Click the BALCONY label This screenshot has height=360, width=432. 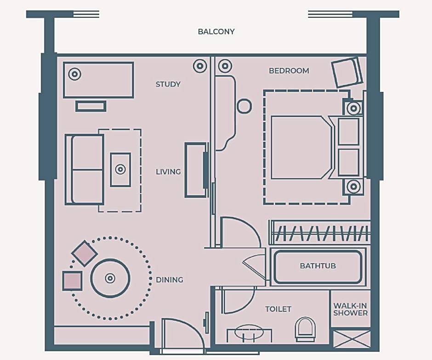click(216, 31)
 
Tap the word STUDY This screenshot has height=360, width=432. click(168, 84)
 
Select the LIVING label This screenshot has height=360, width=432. click(168, 172)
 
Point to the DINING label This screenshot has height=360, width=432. click(170, 280)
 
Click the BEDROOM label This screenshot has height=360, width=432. click(289, 71)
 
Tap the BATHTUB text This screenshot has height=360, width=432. click(318, 266)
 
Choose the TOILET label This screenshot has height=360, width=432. click(278, 309)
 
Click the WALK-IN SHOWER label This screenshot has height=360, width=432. click(351, 309)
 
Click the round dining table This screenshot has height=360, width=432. click(110, 278)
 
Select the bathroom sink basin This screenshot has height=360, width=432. click(250, 331)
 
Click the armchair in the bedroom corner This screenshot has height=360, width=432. click(347, 72)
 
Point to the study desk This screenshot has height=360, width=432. click(98, 80)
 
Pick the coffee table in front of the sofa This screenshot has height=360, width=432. click(120, 170)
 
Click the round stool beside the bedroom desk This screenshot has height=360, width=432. click(244, 106)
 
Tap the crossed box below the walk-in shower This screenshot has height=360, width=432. click(352, 339)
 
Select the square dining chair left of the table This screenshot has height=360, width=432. click(72, 281)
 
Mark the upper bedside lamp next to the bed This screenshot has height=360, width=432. click(353, 108)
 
